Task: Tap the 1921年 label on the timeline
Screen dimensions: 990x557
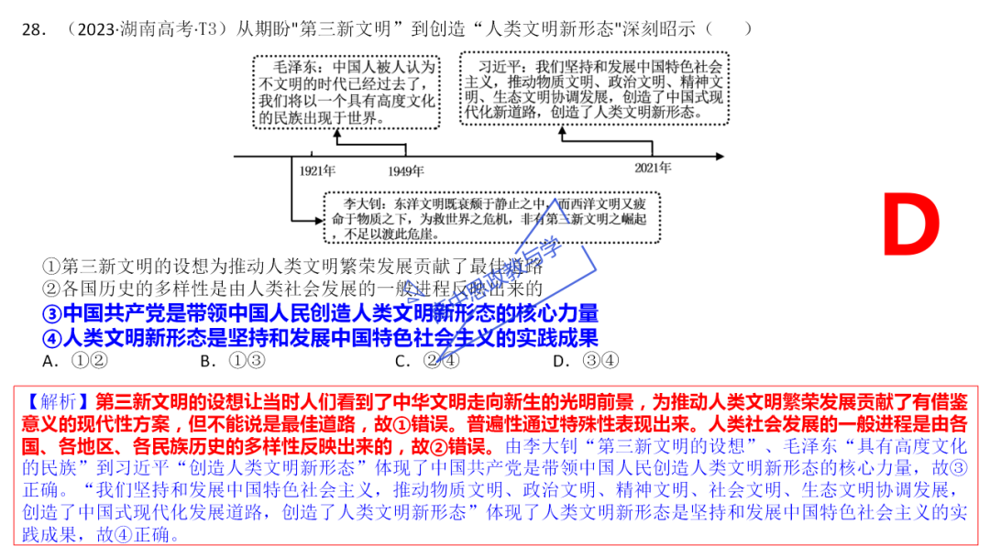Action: coord(317,170)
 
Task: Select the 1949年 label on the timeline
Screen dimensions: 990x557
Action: coord(406,170)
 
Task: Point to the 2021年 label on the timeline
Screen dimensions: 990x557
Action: coord(653,168)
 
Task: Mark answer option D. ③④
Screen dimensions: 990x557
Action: coord(586,360)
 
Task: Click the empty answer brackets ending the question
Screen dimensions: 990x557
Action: coord(730,29)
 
